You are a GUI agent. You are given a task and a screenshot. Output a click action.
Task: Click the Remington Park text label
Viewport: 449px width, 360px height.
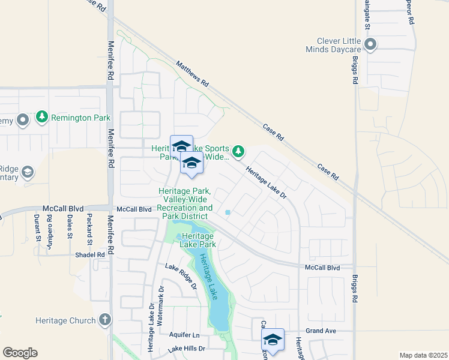[x=81, y=118]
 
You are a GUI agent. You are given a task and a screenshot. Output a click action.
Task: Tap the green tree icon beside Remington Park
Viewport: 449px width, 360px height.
[x=41, y=117]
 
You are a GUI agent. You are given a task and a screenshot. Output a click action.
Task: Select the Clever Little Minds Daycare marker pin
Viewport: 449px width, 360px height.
[x=370, y=44]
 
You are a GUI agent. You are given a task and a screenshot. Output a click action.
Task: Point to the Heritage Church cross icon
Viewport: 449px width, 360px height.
[x=105, y=320]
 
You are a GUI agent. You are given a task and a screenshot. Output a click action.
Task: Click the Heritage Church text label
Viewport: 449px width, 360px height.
[x=65, y=321]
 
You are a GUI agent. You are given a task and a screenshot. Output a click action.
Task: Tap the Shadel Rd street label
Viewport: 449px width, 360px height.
[x=90, y=254]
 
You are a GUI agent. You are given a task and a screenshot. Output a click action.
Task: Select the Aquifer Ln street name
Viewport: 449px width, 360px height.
[x=184, y=335]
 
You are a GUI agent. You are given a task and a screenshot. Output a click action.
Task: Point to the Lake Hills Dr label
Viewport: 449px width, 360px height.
[x=187, y=349]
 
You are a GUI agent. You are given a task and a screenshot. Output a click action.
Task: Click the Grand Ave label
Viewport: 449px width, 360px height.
[x=319, y=331]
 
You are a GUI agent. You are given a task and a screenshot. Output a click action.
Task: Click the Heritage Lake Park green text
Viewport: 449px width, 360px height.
[x=199, y=241]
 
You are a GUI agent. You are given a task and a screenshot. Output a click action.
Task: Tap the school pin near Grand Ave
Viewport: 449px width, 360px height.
[x=273, y=341]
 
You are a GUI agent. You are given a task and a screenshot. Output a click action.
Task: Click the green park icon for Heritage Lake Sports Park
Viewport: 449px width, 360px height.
[x=239, y=151]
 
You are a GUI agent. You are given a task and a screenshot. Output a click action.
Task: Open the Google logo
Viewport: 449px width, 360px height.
[x=20, y=353]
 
